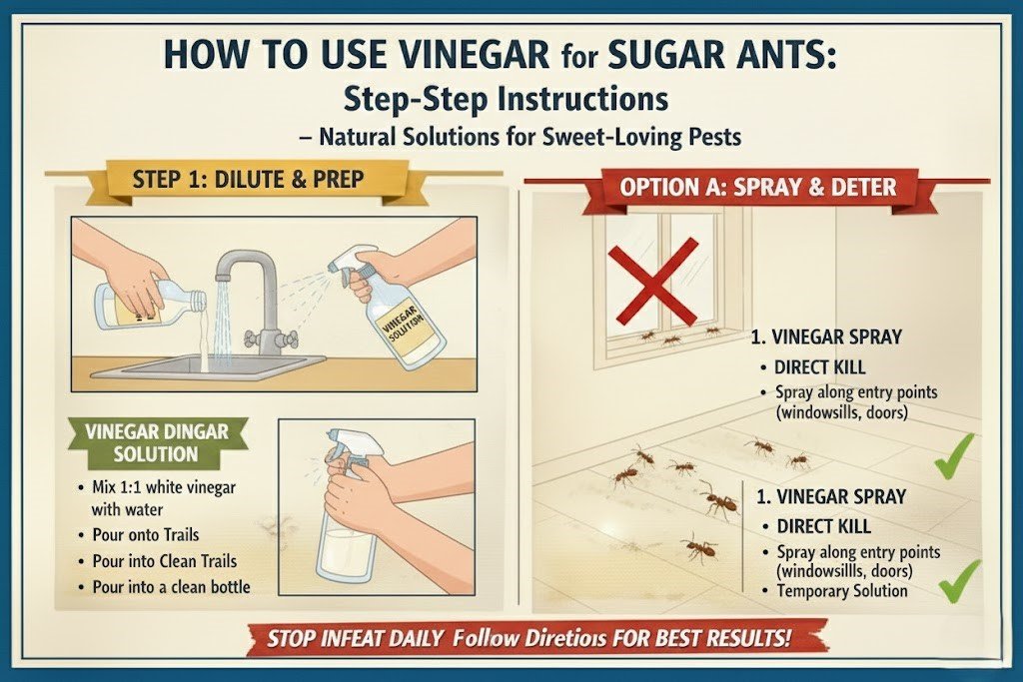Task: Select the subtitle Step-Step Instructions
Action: pyautogui.click(x=506, y=99)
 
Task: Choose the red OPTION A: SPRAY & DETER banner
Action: pyautogui.click(x=756, y=187)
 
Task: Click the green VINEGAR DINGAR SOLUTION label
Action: pyautogui.click(x=156, y=442)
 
